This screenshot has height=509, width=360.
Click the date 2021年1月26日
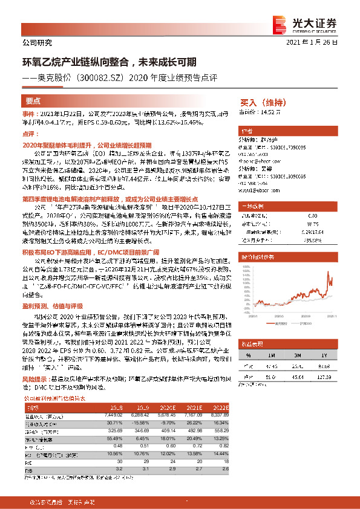coord(315,43)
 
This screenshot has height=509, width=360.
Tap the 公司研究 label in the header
coord(38,43)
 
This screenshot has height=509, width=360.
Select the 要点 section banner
coord(34,101)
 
